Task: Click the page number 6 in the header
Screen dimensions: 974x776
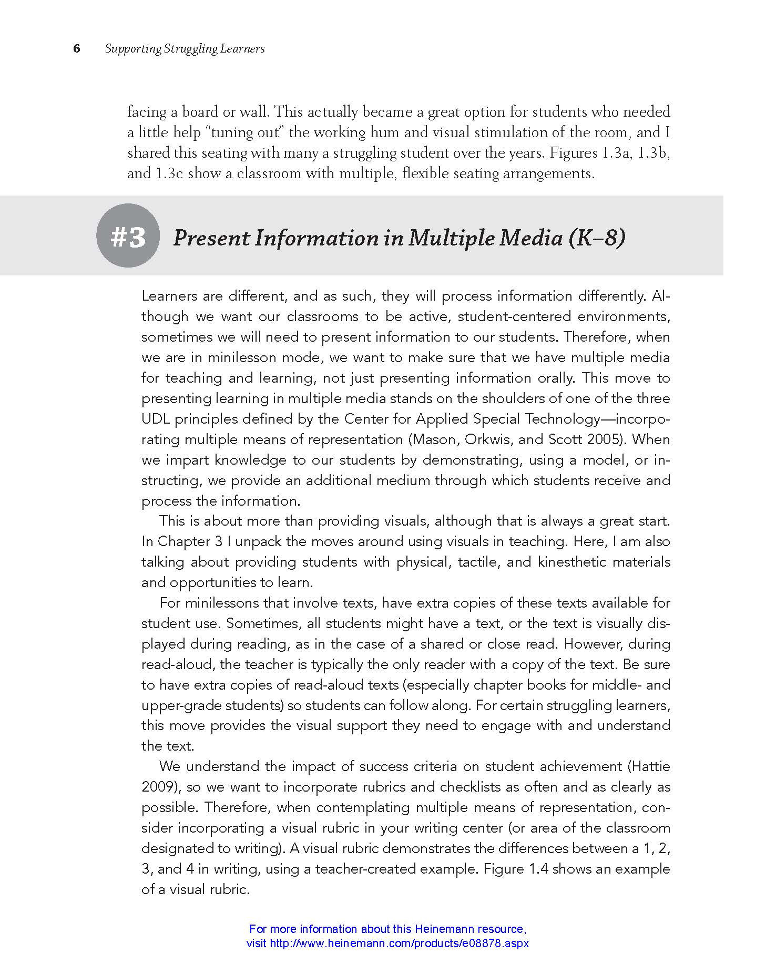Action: tap(77, 49)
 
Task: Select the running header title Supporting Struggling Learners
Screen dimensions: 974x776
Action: tap(185, 49)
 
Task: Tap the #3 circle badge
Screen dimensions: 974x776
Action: tap(128, 236)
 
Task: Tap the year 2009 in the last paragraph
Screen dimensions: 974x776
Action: tap(158, 787)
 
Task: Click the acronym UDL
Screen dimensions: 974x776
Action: tap(156, 419)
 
